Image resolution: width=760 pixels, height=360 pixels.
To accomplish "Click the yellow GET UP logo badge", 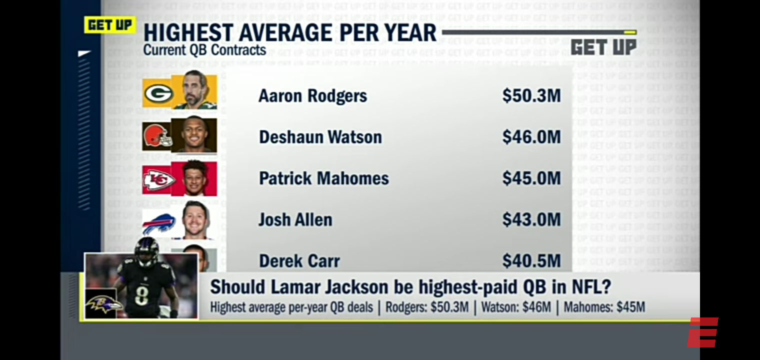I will [109, 24].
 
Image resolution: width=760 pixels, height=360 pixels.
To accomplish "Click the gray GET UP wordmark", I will [603, 47].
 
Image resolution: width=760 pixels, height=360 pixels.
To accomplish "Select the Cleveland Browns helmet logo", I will [156, 135].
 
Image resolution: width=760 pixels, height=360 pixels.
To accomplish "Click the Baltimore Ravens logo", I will [104, 304].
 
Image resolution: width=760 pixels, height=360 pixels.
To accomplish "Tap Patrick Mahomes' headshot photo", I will [195, 178].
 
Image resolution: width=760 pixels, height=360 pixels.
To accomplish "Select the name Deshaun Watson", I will [320, 137].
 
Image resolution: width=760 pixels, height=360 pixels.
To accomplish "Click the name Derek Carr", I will [299, 261].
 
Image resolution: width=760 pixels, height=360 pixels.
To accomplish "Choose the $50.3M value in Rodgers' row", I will [531, 96].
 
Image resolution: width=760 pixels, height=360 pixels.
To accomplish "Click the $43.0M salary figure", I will [531, 219].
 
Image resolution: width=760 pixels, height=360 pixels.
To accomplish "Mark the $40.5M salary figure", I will [531, 261].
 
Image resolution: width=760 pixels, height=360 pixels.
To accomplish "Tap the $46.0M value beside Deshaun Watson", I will [531, 137].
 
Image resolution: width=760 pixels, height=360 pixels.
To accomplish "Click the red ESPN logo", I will [702, 332].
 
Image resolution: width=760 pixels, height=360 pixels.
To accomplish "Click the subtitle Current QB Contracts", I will [204, 50].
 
